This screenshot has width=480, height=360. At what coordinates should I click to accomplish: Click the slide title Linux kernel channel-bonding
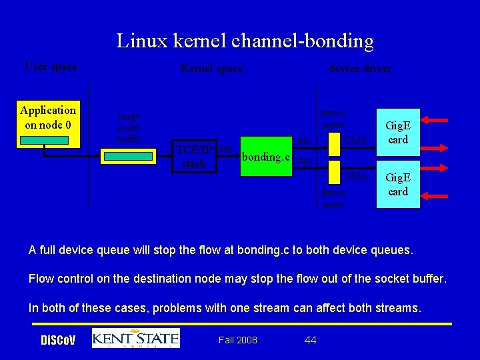[245, 41]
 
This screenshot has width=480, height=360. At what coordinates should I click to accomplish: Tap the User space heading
[51, 66]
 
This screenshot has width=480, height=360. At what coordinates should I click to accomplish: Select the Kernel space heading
[212, 68]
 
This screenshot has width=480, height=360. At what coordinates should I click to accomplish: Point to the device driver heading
[360, 68]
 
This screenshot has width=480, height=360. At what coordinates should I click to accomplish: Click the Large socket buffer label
[128, 127]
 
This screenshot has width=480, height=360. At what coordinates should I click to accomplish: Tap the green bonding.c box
[265, 157]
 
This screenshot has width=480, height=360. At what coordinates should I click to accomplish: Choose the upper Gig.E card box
[398, 133]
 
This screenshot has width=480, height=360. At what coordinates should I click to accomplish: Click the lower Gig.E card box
[398, 184]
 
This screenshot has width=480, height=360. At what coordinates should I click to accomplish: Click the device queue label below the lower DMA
[333, 199]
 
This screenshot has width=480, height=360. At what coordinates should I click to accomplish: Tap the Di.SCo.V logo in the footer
[58, 341]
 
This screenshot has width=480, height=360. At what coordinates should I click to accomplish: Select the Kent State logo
[136, 338]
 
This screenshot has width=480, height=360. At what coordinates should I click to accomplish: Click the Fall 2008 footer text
[238, 340]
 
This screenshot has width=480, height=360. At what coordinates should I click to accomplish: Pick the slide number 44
[310, 340]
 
